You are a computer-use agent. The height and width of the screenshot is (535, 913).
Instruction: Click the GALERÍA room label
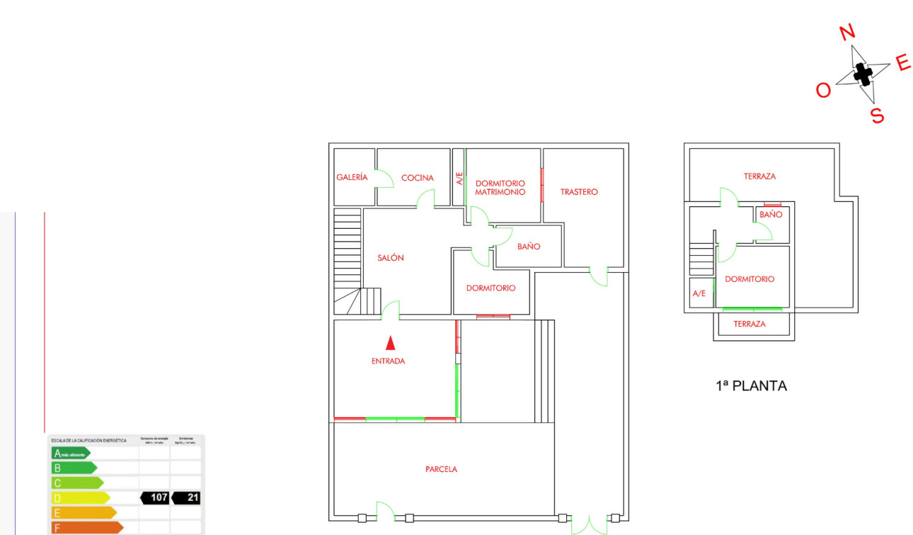tap(352, 177)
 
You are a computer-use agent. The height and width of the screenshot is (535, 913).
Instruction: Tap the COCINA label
tap(418, 178)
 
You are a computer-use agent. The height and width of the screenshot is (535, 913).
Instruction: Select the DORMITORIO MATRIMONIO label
tap(500, 188)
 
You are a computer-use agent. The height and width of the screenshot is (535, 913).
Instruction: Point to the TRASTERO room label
tap(579, 192)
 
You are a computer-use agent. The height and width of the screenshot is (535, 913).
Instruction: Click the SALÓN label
tap(391, 258)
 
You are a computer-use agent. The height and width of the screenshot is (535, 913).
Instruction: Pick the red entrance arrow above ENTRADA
tap(390, 343)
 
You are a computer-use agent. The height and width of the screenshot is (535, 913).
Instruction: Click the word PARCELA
tap(442, 469)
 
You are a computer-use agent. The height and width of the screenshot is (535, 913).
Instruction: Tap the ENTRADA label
tap(389, 361)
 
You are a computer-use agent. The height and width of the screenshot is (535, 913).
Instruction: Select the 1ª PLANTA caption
tap(751, 386)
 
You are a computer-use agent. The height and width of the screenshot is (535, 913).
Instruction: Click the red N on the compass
tap(847, 32)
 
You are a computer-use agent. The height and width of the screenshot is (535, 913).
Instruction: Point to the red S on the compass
tap(878, 116)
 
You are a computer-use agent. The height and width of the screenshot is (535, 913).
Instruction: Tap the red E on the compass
tap(903, 64)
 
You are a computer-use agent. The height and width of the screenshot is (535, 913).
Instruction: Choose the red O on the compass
tap(823, 91)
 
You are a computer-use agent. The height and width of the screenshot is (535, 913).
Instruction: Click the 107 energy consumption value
tap(159, 497)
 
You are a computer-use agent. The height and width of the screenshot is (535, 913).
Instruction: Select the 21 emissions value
tap(192, 497)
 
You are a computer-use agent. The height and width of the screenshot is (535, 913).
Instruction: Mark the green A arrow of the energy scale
tap(70, 453)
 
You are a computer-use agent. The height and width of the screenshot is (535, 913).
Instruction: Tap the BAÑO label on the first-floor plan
tap(771, 214)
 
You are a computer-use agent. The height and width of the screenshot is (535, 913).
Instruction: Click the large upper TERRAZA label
tap(759, 176)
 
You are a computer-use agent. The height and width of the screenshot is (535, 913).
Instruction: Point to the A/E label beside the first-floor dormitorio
tap(699, 293)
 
